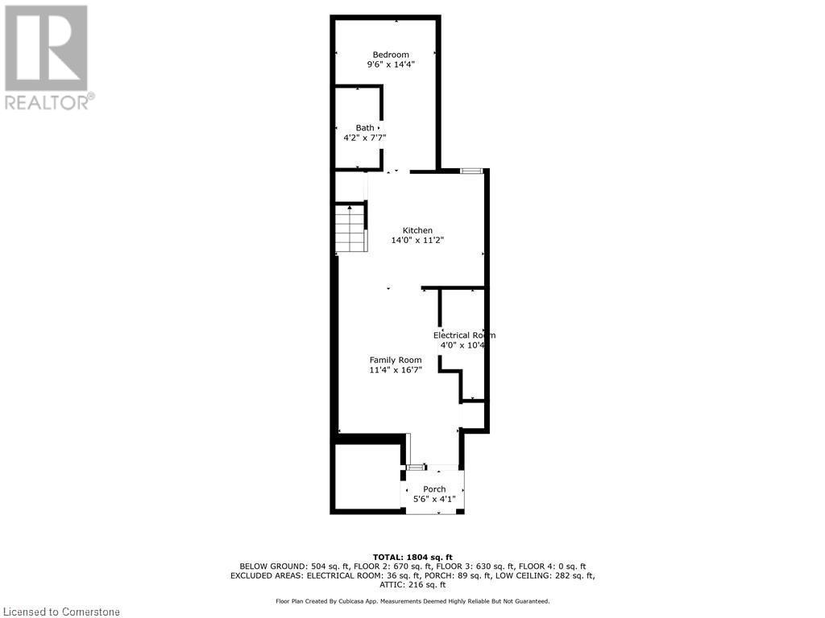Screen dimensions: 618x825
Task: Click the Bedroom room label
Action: pos(385,55)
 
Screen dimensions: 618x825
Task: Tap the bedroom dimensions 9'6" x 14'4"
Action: pos(385,66)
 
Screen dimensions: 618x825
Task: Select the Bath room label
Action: pos(365,127)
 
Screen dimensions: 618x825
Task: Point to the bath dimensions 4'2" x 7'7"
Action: pos(365,138)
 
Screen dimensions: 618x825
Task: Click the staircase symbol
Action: pos(350,229)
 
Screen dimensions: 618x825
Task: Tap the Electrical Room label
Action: pos(463,336)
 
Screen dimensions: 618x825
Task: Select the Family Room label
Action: pos(396,360)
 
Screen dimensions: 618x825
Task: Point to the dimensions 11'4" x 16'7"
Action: pos(396,370)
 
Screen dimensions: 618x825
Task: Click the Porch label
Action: pos(434,489)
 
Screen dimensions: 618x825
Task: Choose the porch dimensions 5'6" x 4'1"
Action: pos(434,499)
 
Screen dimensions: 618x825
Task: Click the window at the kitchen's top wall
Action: pos(471,171)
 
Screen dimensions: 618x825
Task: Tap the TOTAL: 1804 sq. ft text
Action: pos(412,557)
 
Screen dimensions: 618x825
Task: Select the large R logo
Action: pos(46,48)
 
